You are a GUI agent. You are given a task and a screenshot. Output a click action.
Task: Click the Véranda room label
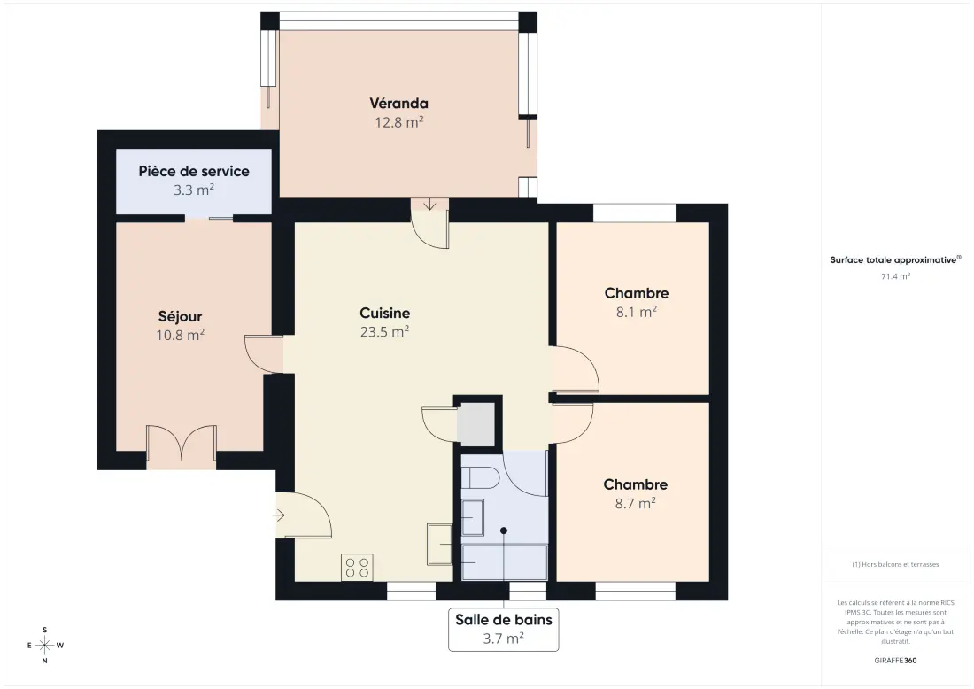398,103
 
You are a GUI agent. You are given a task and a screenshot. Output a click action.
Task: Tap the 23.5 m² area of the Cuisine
384,332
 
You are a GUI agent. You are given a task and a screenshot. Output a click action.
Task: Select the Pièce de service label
194,171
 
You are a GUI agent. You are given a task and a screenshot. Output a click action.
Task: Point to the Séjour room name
180,316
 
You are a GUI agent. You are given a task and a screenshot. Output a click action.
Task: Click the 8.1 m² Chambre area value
637,312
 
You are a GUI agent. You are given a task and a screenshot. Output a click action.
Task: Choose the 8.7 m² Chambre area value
636,503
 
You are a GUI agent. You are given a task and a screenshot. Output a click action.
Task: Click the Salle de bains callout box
504,630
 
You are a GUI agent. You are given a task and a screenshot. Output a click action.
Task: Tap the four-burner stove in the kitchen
357,567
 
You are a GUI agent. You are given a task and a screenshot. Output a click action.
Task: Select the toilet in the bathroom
480,477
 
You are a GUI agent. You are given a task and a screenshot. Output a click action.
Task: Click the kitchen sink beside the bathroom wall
440,545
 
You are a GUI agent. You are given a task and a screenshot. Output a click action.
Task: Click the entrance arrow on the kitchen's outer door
278,515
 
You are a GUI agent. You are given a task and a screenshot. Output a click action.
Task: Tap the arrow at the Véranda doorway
429,205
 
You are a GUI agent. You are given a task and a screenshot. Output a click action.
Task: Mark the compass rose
45,645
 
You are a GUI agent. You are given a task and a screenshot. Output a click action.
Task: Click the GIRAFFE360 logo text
895,661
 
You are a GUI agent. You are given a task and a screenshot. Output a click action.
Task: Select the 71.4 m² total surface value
896,276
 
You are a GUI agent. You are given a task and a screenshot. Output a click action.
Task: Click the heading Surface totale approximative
893,259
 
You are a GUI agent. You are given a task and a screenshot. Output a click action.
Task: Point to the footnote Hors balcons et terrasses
896,564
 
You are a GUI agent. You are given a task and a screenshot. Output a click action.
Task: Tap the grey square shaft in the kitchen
475,423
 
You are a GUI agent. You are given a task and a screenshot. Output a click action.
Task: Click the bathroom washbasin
473,517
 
